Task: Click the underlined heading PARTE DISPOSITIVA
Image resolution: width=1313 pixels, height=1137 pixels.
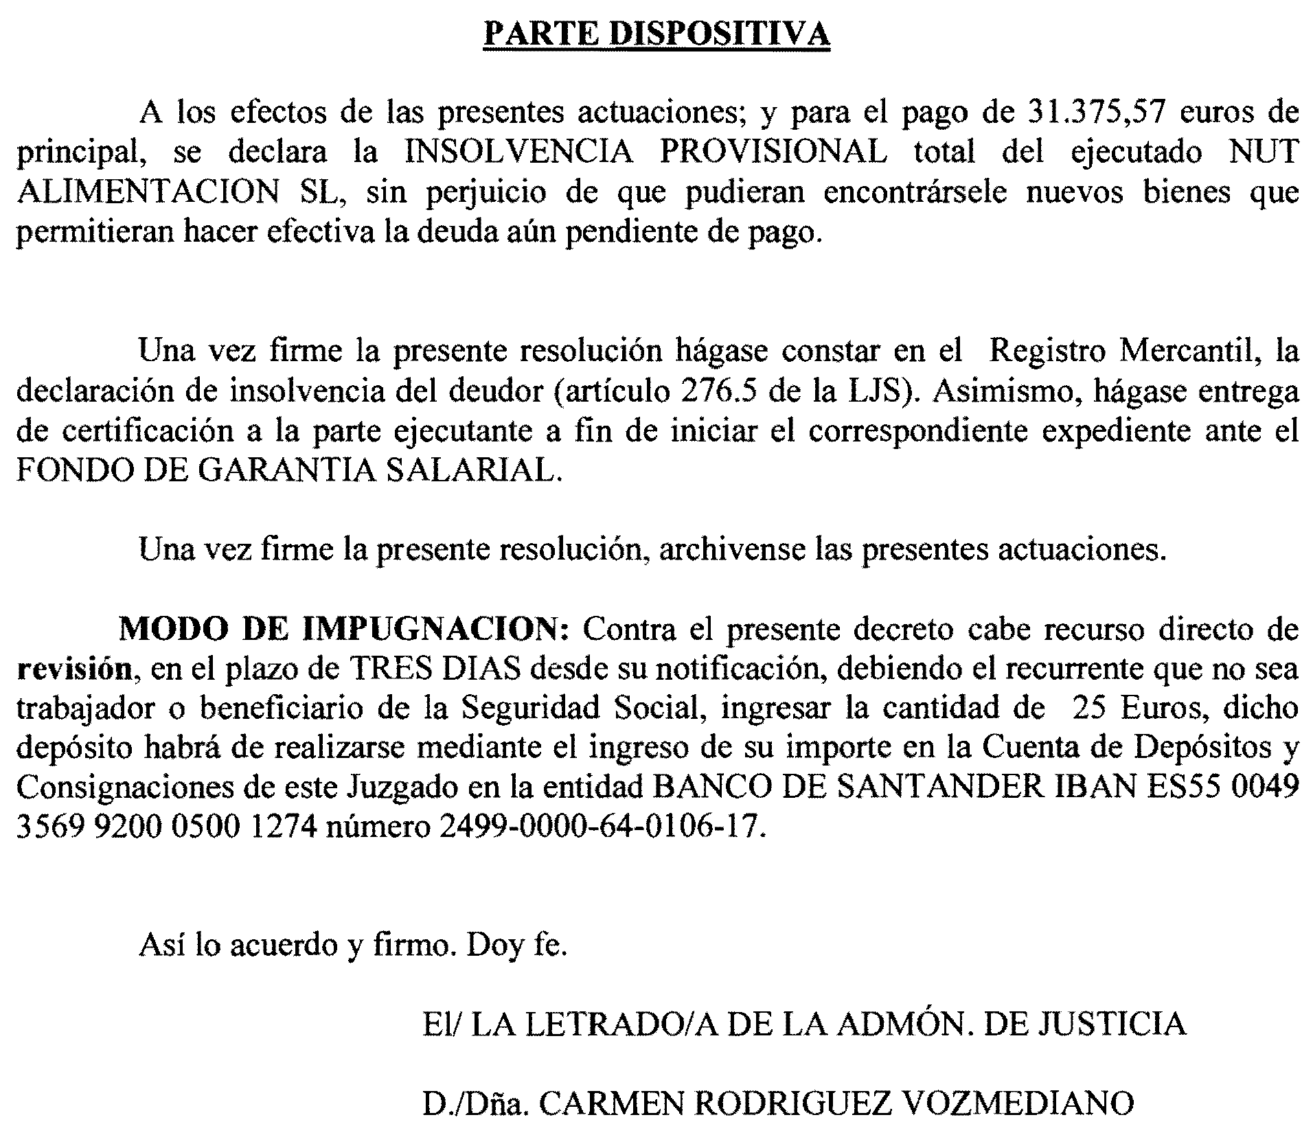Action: coord(656,32)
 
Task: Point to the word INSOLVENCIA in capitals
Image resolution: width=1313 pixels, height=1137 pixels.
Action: coord(518,152)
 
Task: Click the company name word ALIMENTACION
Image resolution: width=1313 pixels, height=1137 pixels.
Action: coord(148,192)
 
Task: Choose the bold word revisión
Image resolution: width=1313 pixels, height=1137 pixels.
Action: coord(73,669)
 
